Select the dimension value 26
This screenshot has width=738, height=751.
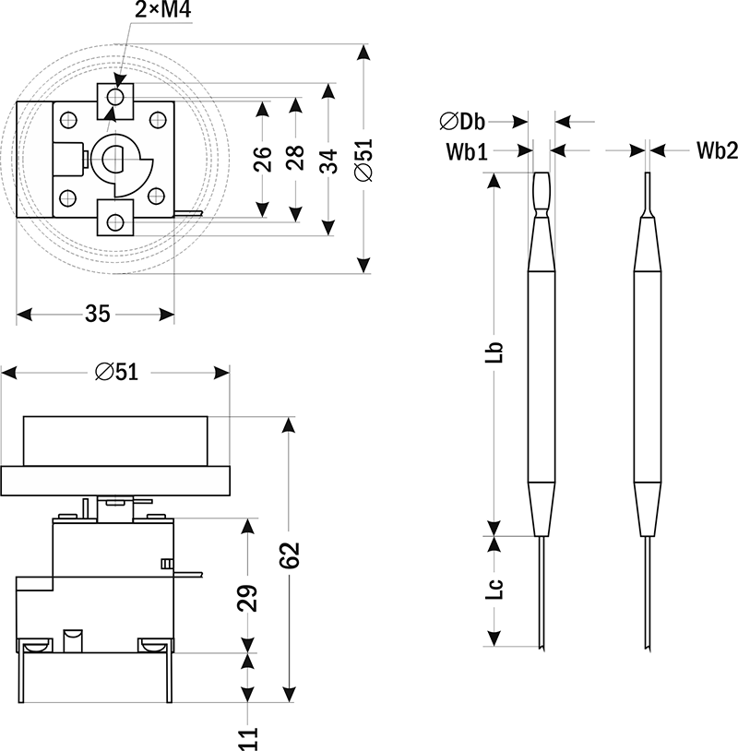tap(262, 159)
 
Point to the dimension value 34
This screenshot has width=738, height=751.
tap(327, 159)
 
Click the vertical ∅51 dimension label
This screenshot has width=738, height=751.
tap(363, 159)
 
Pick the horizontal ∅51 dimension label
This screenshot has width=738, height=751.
tap(116, 371)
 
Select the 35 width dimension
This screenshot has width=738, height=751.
tap(97, 314)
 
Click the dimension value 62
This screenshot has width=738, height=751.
tap(290, 557)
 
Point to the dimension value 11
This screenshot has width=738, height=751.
tap(247, 737)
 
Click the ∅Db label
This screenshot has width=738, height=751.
tap(463, 121)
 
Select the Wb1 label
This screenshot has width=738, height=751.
tap(467, 150)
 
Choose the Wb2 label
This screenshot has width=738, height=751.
tap(716, 150)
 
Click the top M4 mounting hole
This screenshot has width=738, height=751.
tap(116, 96)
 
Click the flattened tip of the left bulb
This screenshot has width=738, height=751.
tap(541, 190)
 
